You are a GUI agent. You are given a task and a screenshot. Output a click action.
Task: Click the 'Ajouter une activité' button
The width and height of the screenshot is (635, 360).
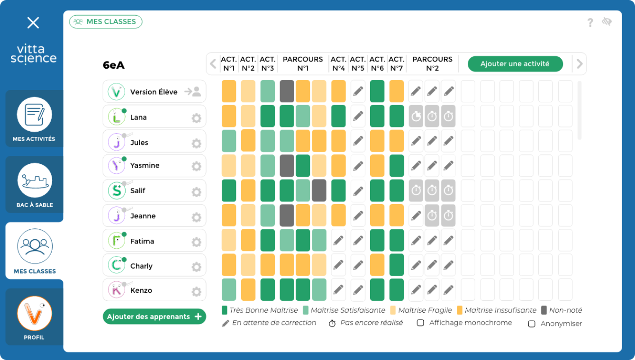(x=515, y=64)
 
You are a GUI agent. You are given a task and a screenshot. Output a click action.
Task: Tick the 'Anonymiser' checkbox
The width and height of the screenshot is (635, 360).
(x=532, y=324)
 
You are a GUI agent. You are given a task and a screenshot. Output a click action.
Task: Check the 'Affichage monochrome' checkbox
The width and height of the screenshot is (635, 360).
(x=420, y=323)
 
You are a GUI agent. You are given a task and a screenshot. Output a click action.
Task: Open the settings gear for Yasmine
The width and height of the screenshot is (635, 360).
(x=196, y=166)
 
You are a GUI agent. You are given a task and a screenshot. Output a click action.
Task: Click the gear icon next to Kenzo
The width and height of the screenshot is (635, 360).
(x=196, y=291)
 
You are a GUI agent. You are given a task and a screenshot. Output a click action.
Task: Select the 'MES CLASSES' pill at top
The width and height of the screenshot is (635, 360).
(x=106, y=22)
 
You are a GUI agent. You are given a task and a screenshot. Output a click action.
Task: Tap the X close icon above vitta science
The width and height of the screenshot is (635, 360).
(x=33, y=23)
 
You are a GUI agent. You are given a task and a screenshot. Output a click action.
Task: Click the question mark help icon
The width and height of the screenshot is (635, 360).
(x=590, y=22)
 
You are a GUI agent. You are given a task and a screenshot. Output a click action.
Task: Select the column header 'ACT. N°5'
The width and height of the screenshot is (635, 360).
(x=358, y=64)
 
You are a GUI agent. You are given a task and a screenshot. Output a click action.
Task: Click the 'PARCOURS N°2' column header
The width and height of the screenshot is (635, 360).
(x=432, y=64)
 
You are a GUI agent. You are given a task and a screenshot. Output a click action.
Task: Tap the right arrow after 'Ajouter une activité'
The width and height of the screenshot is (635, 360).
(x=579, y=64)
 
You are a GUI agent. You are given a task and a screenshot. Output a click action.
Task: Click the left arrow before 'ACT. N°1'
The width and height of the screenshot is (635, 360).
(x=213, y=64)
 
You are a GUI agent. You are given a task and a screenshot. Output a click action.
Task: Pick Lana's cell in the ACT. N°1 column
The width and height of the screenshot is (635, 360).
(x=229, y=116)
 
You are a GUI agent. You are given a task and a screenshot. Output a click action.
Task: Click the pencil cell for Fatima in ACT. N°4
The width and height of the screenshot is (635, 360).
(x=338, y=241)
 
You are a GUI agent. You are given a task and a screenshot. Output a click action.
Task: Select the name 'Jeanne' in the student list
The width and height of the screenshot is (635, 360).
(x=143, y=216)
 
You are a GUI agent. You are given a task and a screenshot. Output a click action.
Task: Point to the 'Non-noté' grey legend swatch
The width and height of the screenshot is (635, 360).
(x=544, y=311)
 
